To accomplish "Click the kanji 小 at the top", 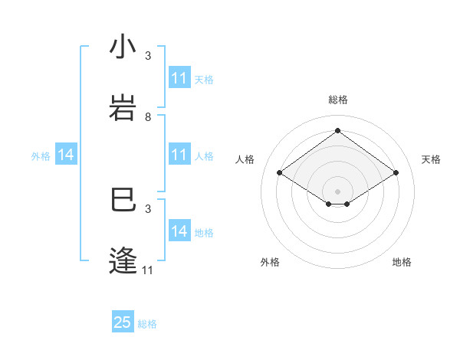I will coord(122,47).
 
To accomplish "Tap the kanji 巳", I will coord(122,201).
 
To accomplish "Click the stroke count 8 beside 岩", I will coord(148,117).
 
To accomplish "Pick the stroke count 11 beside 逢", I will coord(148,270).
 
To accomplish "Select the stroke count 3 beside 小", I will coord(148,56).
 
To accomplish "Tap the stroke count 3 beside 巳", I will coord(148,209).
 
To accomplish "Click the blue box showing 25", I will coord(123,322).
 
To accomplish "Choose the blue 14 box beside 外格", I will coord(66,155).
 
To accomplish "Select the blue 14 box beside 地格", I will coord(179,232).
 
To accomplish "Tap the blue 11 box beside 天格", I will coord(179,79).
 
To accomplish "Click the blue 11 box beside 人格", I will coord(179,155).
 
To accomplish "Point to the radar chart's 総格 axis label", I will coord(338,100).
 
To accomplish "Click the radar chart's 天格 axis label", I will coord(432,159).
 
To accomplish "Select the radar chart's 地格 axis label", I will coord(402,262).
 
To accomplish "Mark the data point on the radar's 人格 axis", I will coord(280,173).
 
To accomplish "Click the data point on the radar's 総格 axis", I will coord(337,130).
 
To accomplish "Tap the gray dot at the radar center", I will coord(337,191).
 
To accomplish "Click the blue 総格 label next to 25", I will coord(147,324).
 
